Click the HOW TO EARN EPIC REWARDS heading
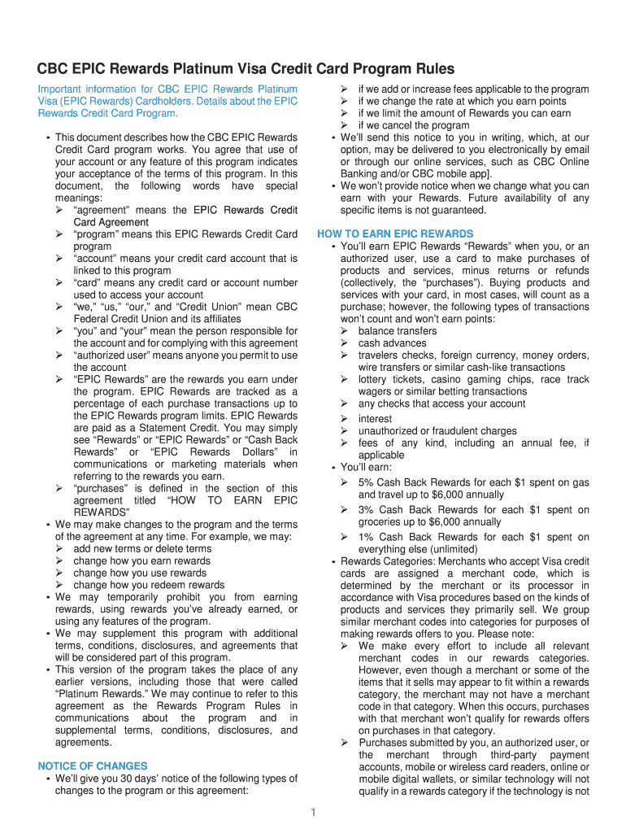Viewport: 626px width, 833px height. tap(395, 233)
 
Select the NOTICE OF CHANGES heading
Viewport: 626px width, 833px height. tap(93, 765)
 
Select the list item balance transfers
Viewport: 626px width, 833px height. tap(398, 331)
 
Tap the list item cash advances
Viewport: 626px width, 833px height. tap(393, 343)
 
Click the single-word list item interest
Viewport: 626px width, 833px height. tap(375, 418)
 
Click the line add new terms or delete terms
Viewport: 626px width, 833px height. tap(142, 548)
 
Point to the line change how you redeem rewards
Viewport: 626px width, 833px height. tap(149, 585)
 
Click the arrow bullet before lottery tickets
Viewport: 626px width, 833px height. tap(345, 380)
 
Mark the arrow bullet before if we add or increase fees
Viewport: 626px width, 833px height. tap(345, 89)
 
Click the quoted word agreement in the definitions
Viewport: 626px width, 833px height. tap(103, 210)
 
